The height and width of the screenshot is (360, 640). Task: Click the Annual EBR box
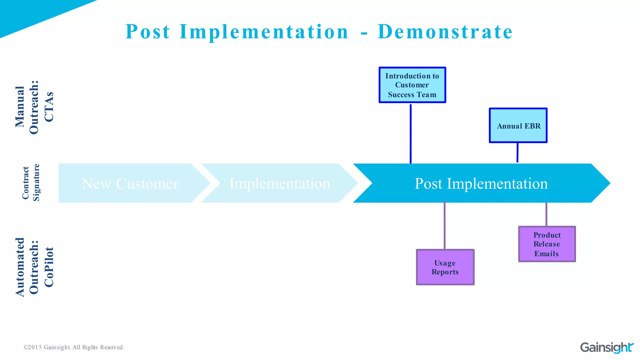point(518,126)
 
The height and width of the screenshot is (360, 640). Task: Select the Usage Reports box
point(445,267)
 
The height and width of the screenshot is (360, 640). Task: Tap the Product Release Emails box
point(547,244)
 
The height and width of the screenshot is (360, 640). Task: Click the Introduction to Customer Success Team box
point(412,85)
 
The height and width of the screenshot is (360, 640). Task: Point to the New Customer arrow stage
point(130,183)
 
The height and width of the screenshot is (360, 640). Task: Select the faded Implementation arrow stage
point(280,183)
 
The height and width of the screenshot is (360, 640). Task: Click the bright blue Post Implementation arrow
point(481,183)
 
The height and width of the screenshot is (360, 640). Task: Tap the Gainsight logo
point(607,347)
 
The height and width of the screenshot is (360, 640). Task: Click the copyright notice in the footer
point(74,347)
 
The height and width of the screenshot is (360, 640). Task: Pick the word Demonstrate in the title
point(445,32)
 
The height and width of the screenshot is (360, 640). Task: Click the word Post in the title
point(147,32)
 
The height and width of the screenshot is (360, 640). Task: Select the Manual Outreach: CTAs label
point(34,107)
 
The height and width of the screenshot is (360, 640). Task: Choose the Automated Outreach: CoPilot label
point(34,267)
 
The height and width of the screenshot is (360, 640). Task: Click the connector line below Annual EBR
point(517,152)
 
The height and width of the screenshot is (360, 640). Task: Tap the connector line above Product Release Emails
point(546,214)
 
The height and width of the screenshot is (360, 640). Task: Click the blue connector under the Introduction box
point(411,133)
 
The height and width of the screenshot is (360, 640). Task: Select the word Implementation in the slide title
point(264,32)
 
